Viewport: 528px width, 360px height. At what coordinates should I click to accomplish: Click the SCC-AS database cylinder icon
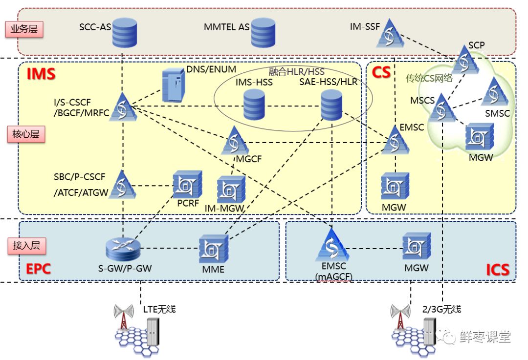(x=124, y=33)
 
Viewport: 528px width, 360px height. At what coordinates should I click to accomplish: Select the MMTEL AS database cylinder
(x=262, y=32)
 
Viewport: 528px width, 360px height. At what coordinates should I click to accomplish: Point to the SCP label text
(x=476, y=45)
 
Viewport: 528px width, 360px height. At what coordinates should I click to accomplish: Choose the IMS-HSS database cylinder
(x=254, y=104)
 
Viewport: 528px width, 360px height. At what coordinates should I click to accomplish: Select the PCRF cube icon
(x=187, y=184)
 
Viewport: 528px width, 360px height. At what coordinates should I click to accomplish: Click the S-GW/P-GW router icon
(x=122, y=248)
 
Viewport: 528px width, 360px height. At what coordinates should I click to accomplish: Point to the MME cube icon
(x=214, y=248)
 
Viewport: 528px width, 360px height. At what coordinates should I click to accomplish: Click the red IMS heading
(x=41, y=74)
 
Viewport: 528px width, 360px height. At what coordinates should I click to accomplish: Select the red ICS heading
(x=498, y=269)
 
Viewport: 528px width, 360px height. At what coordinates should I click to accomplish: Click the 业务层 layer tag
(x=25, y=29)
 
